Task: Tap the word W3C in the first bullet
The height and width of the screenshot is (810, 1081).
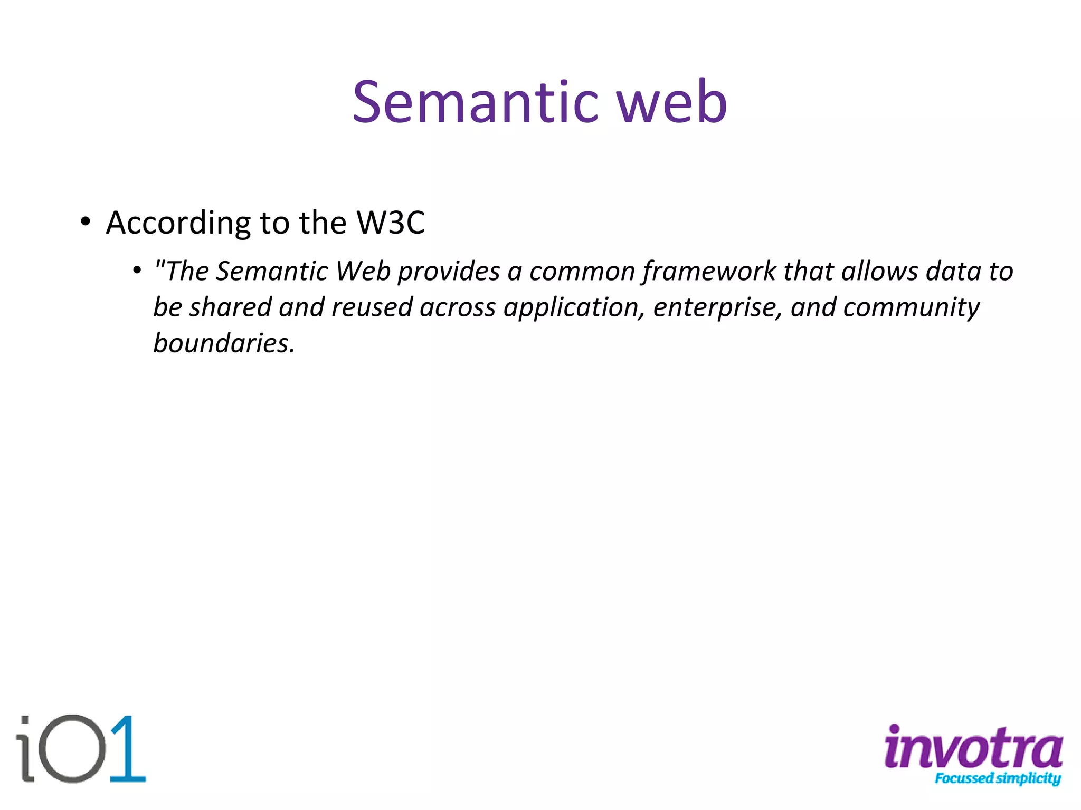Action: (391, 223)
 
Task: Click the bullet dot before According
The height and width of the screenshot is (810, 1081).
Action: (86, 221)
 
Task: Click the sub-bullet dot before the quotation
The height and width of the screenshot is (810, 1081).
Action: (137, 271)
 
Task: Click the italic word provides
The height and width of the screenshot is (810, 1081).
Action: (449, 272)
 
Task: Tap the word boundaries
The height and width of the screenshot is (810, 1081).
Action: (223, 343)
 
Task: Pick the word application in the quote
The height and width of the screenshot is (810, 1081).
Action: (574, 308)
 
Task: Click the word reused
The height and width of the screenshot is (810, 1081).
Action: (372, 307)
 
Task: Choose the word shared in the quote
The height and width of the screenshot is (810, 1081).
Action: (230, 307)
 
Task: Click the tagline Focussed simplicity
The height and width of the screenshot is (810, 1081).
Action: (998, 778)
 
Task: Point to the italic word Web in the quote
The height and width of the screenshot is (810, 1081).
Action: (363, 272)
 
